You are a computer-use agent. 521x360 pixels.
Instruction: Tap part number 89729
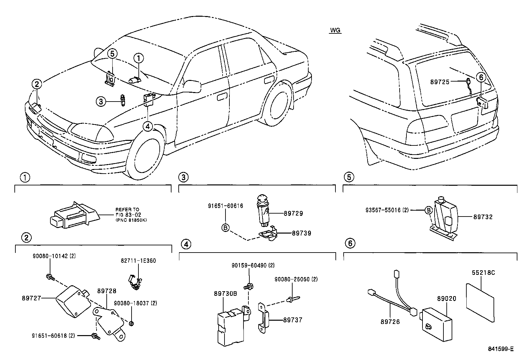(x=293, y=213)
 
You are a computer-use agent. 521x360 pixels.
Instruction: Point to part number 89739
(x=301, y=233)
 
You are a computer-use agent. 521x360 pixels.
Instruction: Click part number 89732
(x=483, y=217)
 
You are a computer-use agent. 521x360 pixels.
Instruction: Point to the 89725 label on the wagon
(x=440, y=82)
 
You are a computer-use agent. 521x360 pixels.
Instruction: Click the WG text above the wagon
(x=335, y=30)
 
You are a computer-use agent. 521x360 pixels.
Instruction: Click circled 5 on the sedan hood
(x=112, y=53)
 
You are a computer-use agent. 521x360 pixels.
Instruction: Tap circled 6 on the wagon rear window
(x=481, y=78)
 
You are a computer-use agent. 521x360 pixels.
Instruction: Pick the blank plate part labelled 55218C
(x=479, y=303)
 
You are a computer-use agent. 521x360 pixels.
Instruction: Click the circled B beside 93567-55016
(x=428, y=210)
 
